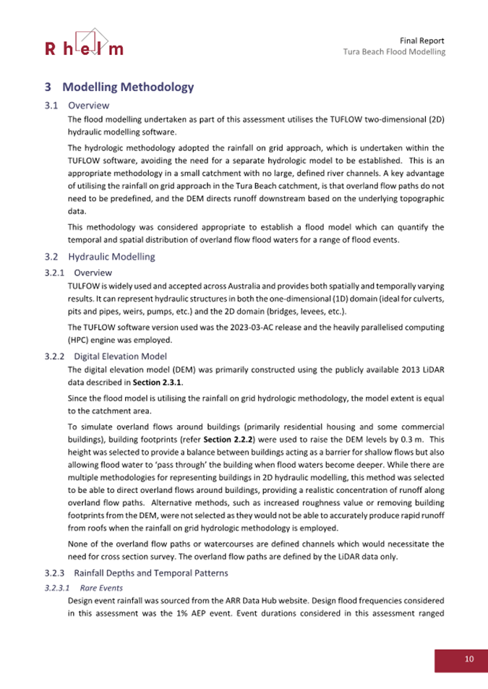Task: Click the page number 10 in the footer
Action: click(x=469, y=659)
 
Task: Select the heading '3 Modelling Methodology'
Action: click(x=119, y=87)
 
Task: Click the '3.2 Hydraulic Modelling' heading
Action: click(x=108, y=256)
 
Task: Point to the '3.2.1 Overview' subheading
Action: click(x=85, y=273)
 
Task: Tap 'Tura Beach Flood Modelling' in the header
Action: click(x=394, y=52)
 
